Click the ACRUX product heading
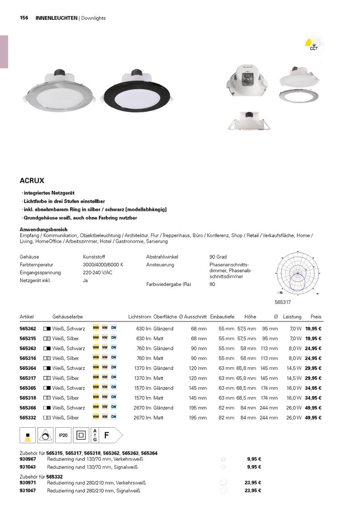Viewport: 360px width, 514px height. pos(32,181)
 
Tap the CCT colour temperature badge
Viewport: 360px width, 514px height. pos(314,46)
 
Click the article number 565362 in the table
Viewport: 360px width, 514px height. pos(28,329)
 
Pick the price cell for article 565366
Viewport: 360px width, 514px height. pos(313,408)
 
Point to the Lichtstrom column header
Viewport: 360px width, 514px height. pos(139,317)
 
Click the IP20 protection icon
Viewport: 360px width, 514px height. pos(63,435)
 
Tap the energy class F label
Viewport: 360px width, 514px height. pos(106,435)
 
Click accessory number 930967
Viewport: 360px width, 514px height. pos(28,459)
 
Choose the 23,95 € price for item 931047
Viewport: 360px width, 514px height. pos(253,491)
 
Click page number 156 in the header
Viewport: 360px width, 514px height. pos(24,18)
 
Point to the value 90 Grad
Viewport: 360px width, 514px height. pos(218,257)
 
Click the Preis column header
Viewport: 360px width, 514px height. pos(316,317)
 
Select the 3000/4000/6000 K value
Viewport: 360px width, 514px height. pos(103,265)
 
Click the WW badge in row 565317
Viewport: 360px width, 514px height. pos(96,377)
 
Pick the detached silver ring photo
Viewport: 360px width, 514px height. pos(299,95)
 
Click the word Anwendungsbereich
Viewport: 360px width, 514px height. pos(44,229)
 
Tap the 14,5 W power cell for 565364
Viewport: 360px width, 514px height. pos(294,368)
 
